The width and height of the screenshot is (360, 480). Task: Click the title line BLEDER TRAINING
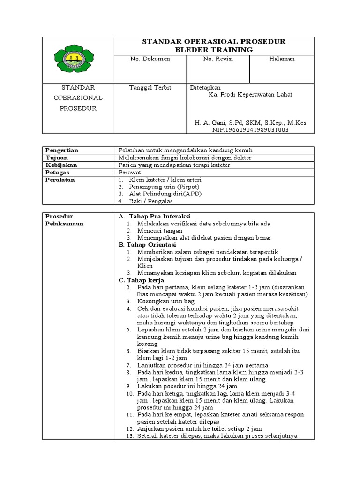214,50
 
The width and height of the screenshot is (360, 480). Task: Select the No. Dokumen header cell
150,59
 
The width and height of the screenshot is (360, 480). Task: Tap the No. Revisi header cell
218,59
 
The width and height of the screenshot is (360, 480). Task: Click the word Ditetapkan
205,88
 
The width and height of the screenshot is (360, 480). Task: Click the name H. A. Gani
213,123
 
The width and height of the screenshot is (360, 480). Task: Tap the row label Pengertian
62,150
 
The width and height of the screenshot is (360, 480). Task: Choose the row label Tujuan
56,157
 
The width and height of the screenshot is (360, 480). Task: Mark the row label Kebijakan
61,165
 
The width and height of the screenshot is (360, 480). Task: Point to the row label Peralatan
60,180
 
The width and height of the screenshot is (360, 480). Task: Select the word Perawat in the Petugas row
130,172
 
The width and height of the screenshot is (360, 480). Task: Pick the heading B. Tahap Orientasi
147,245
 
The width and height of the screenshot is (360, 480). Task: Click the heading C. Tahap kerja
141,280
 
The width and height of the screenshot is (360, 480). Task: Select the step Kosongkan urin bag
166,301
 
